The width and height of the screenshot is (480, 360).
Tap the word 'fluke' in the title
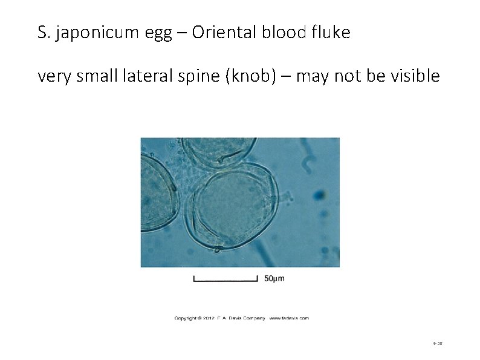pyautogui.click(x=329, y=33)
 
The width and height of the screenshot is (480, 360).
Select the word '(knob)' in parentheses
pyautogui.click(x=252, y=77)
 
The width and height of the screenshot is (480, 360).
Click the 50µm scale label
pyautogui.click(x=274, y=278)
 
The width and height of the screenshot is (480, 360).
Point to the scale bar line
pyautogui.click(x=225, y=279)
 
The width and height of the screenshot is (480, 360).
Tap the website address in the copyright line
pyautogui.click(x=289, y=318)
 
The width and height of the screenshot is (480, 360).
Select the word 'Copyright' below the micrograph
pyautogui.click(x=188, y=318)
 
